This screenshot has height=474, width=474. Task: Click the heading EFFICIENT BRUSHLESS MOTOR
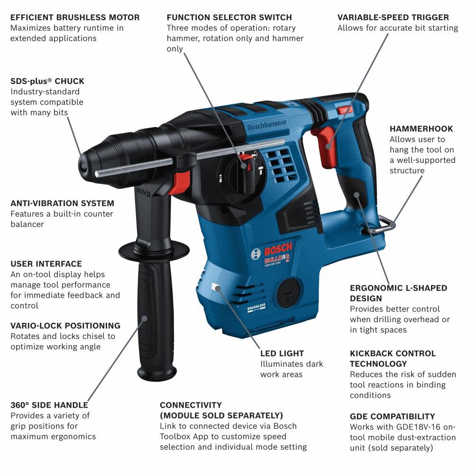click(x=75, y=18)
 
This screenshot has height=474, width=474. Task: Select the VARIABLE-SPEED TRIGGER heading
click(x=393, y=18)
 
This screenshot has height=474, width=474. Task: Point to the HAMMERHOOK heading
click(x=421, y=128)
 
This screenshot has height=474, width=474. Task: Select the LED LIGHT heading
click(x=282, y=354)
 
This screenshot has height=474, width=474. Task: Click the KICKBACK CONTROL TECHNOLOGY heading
click(x=392, y=358)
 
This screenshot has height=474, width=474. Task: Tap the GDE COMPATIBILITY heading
click(x=392, y=417)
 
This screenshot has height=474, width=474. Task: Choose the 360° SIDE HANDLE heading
click(x=49, y=405)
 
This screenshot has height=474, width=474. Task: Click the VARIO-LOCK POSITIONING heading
click(x=65, y=326)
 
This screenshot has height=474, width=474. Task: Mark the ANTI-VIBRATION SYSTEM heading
click(x=62, y=203)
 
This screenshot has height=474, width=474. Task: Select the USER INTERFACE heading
click(x=46, y=264)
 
